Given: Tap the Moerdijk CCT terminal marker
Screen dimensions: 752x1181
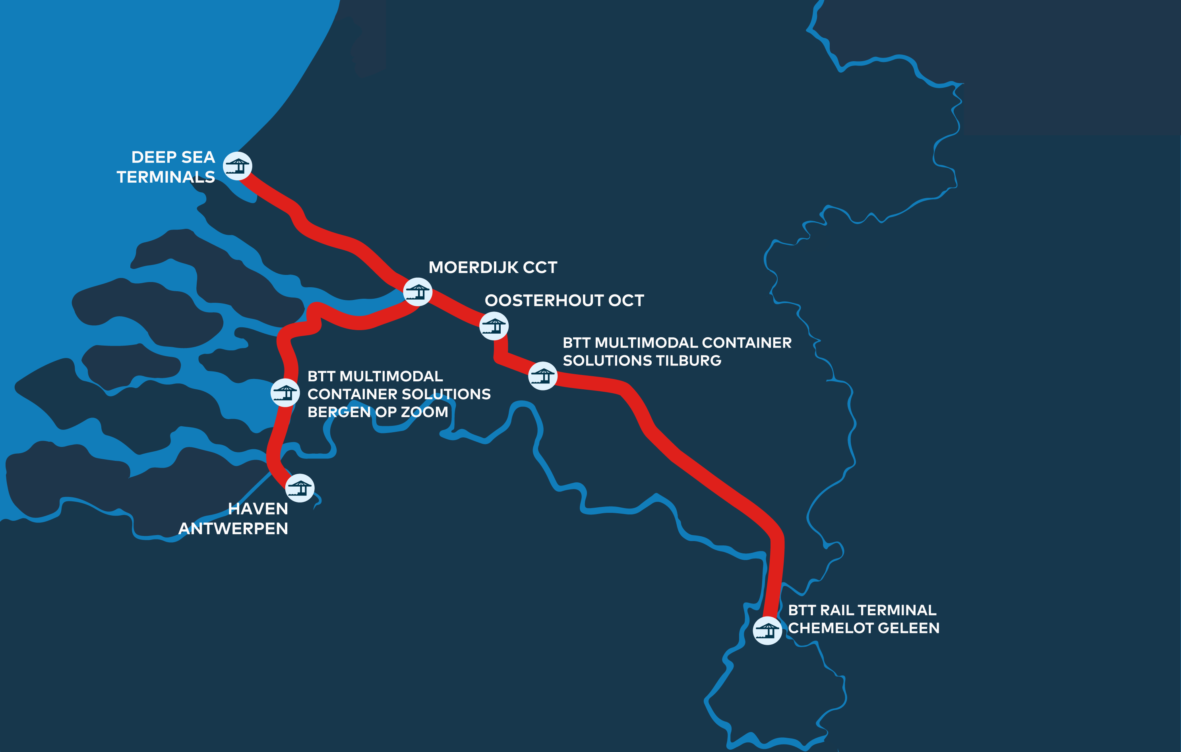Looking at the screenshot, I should tap(417, 292).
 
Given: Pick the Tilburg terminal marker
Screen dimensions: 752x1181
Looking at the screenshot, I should tap(542, 376).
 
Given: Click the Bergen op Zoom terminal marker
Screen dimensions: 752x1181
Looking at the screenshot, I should tap(285, 392).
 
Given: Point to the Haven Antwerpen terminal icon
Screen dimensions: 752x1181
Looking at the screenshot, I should tap(300, 488).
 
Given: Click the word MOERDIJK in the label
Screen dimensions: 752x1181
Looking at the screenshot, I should tap(473, 268).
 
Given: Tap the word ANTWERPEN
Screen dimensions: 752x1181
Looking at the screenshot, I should tap(233, 529).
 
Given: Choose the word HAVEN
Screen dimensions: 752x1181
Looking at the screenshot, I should tap(258, 509).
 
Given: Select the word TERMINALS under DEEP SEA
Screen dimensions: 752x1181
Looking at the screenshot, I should tap(166, 177).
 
